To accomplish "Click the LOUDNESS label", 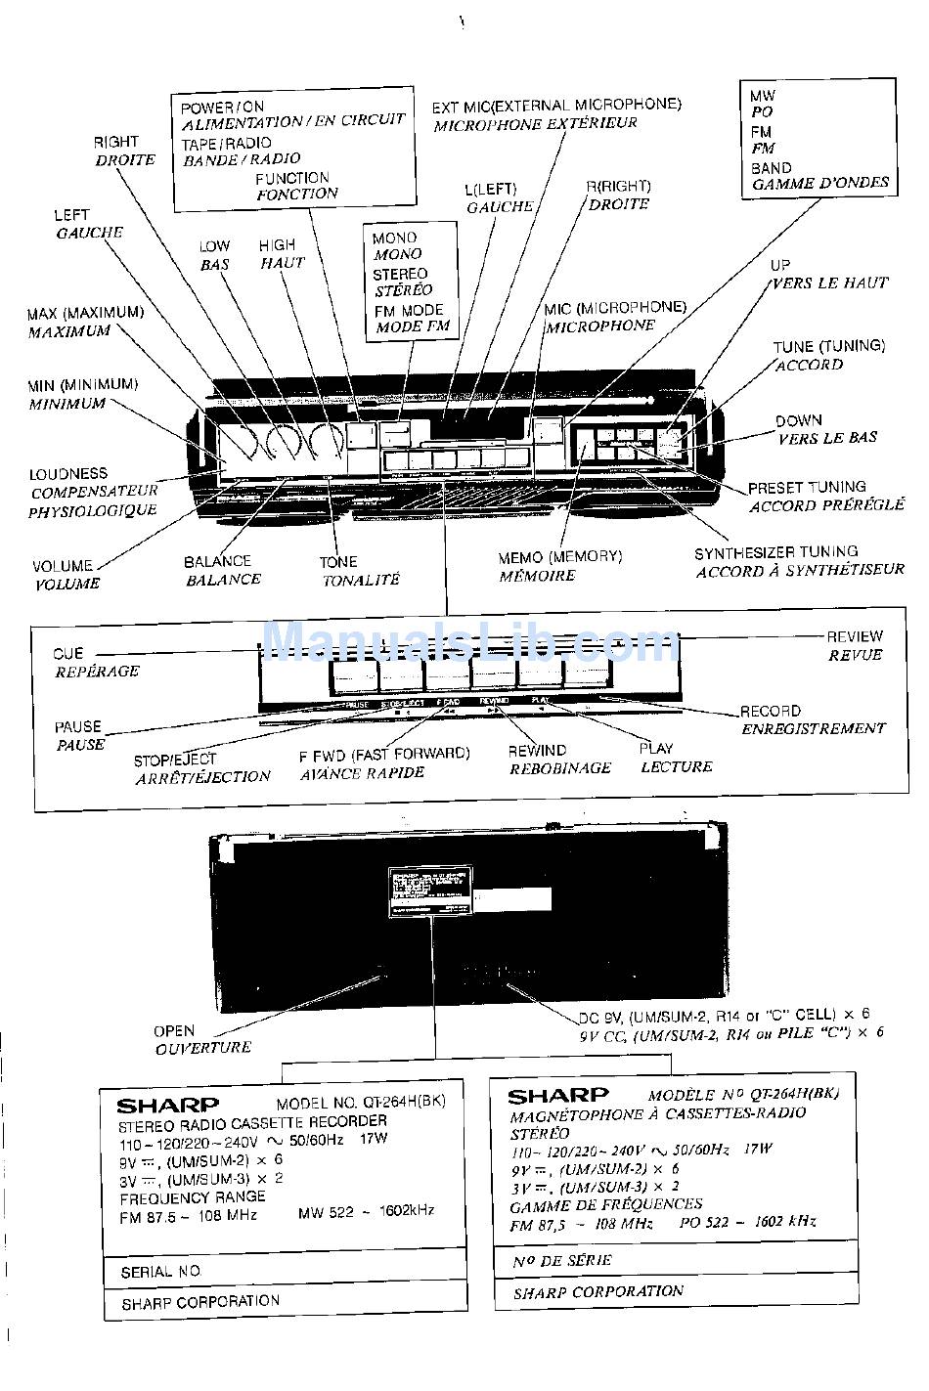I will [68, 474].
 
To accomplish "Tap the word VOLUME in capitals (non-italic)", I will [63, 566].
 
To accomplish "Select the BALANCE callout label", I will [217, 561].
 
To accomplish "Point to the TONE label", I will [338, 562].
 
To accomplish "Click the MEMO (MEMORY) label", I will [559, 556].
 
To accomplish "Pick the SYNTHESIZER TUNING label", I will [775, 552].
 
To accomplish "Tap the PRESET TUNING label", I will [807, 487].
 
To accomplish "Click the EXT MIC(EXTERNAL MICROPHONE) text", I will [556, 105].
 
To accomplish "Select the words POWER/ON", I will [223, 107].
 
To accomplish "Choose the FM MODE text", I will [408, 310].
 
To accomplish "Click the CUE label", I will [68, 653].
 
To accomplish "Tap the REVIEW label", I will [854, 636].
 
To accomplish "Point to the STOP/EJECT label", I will [175, 759].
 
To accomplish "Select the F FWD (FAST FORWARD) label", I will [384, 754].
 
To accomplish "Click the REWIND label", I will [537, 750].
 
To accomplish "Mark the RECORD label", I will [770, 712].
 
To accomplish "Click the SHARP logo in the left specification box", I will [168, 1106].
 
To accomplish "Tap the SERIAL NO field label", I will [160, 1272].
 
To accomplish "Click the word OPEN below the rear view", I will [174, 1030].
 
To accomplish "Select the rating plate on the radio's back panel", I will [430, 891].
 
